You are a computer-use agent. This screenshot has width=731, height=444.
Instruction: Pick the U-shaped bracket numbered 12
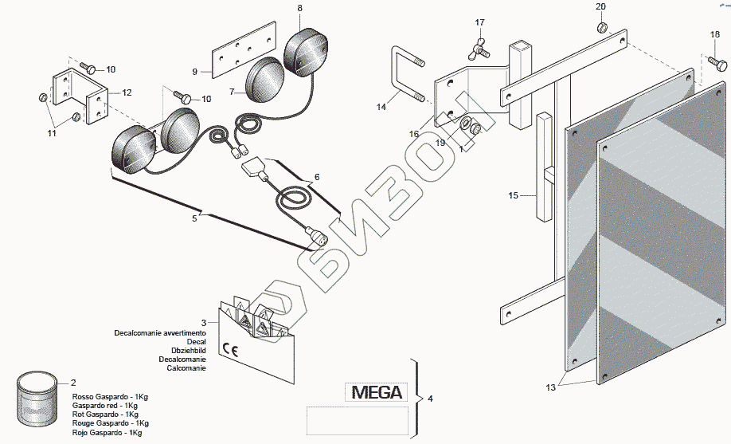pos(80,96)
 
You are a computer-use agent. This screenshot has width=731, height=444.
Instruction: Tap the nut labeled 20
pos(603,29)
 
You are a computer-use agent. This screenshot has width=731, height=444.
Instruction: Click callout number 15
pos(513,194)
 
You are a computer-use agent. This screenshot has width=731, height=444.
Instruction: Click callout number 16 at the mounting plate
pos(414,135)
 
